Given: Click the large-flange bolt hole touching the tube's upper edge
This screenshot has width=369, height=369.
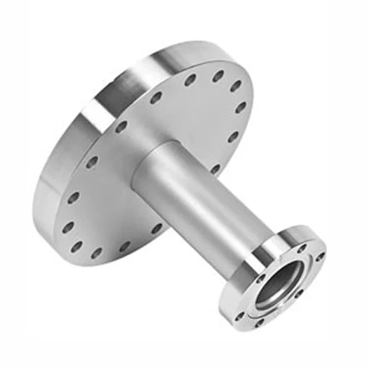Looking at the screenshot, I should coord(156,96).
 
